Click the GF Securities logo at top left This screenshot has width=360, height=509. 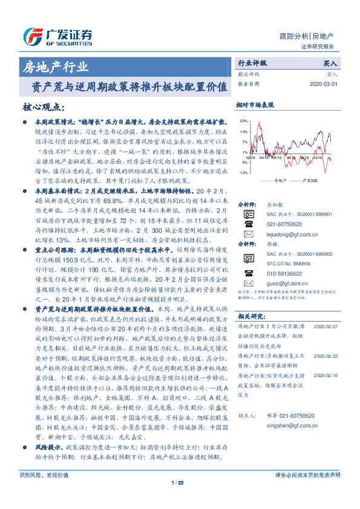(x=57, y=35)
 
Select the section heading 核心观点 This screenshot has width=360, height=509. (x=45, y=106)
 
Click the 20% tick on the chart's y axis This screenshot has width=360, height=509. (x=243, y=120)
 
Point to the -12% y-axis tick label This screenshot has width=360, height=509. (x=243, y=173)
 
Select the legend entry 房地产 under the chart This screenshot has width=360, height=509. (x=276, y=181)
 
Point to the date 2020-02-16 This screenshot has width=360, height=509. (x=327, y=375)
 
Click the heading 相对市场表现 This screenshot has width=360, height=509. (x=255, y=105)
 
